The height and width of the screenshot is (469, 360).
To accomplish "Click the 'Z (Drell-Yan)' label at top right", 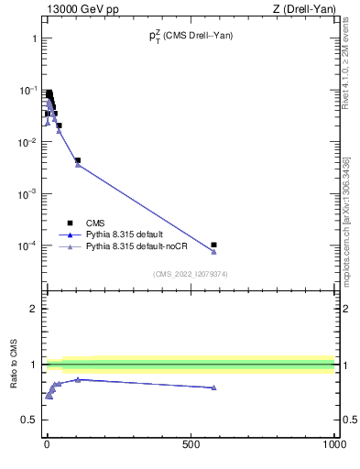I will (x=305, y=9).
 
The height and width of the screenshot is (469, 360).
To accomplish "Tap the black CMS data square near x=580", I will (x=213, y=245).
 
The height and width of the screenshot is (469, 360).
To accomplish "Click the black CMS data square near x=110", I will (x=78, y=160).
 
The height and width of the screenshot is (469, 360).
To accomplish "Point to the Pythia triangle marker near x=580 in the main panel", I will (x=213, y=252).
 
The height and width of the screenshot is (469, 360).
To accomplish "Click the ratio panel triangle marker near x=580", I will (x=213, y=387).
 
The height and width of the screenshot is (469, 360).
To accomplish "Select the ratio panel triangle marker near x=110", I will (x=78, y=379).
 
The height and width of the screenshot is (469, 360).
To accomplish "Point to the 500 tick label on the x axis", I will (x=191, y=443).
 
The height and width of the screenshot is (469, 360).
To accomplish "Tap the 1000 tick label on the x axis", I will (x=333, y=443).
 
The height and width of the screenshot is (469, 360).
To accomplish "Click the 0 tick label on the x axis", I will (x=47, y=443).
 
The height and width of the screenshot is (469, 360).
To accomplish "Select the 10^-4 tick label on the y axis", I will (x=27, y=245).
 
